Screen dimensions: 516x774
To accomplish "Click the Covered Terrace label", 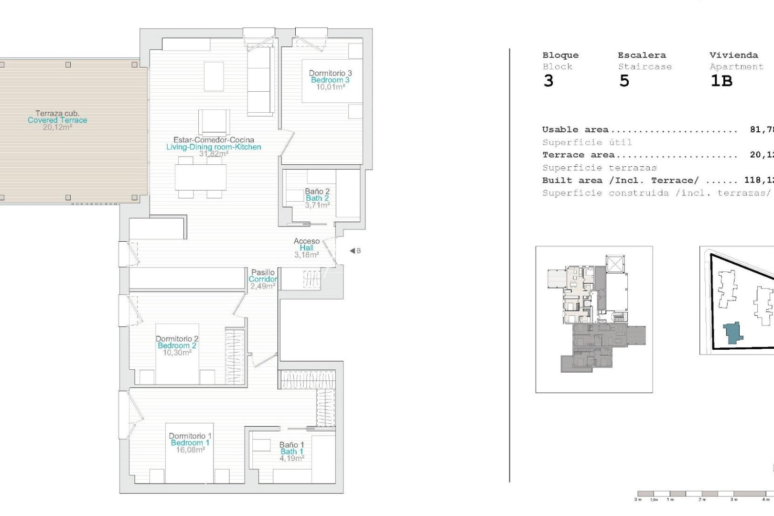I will click(x=57, y=120).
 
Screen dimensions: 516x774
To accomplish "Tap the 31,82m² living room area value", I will click(x=214, y=154).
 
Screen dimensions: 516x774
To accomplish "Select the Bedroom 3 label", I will click(x=330, y=80).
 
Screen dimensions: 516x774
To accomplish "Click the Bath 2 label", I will click(x=317, y=198).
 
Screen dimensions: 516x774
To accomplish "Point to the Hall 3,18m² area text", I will click(x=307, y=255).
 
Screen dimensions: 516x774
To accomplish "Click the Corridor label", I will click(x=263, y=279).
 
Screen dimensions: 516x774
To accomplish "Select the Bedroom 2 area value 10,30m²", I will click(x=177, y=353).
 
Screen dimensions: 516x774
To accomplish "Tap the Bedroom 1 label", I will click(x=190, y=443).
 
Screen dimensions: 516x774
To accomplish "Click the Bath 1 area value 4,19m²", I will click(x=291, y=458).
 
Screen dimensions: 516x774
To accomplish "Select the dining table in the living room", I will click(x=201, y=177).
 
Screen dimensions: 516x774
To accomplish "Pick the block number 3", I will click(x=548, y=81).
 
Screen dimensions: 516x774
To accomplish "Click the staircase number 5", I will click(x=624, y=81).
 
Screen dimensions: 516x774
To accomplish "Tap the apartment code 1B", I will click(x=721, y=81).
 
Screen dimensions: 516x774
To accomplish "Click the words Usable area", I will click(x=575, y=129).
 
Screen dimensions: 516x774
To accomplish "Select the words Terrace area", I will click(x=578, y=155).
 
